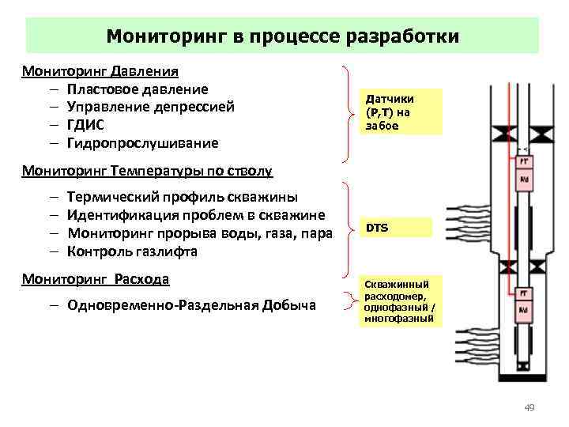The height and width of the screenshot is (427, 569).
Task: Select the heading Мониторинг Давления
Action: [x=100, y=72]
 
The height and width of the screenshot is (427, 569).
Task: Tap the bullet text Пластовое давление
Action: [x=138, y=89]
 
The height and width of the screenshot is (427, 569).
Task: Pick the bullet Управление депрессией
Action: [x=151, y=107]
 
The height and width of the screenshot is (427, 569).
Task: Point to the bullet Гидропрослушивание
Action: [x=142, y=142]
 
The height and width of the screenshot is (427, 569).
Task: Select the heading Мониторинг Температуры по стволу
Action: [x=147, y=170]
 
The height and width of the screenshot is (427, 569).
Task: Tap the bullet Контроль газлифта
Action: [x=132, y=251]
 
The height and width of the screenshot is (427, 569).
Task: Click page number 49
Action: [x=529, y=408]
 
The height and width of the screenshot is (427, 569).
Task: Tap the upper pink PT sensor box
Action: [x=523, y=161]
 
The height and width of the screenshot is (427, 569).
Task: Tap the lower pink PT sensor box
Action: [x=523, y=293]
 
